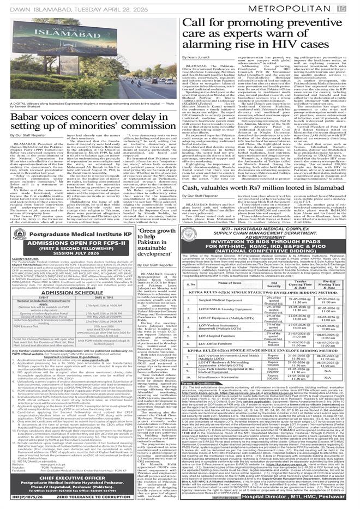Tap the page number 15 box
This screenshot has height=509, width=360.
click(354, 7)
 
